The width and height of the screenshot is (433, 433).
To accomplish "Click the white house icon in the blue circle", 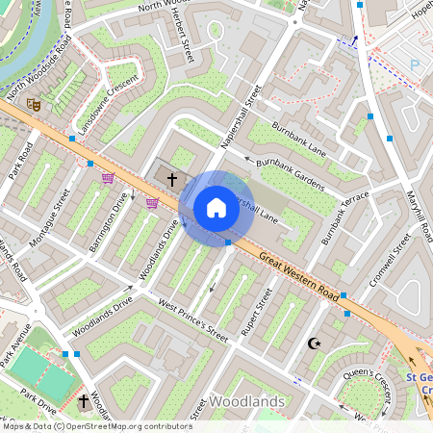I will tap(216, 208).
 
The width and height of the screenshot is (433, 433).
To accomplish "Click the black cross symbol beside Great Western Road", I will tap(173, 179).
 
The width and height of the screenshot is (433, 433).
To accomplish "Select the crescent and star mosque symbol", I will tap(313, 343).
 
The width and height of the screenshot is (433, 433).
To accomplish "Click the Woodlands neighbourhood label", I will tap(246, 400).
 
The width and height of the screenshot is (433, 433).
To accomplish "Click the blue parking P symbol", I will tap(415, 64).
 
